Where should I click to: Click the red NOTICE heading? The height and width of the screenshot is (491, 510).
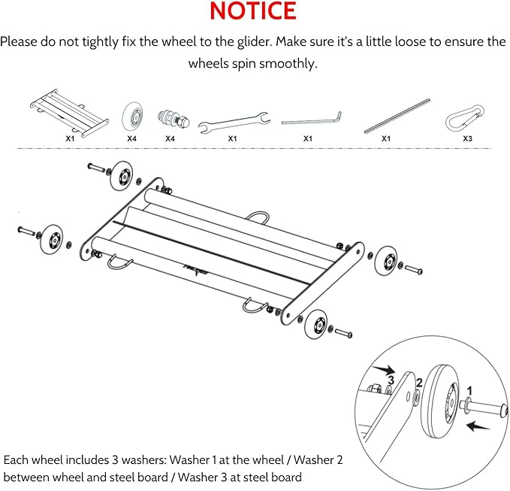click(x=253, y=11)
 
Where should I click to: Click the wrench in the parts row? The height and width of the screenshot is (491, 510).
click(x=233, y=119)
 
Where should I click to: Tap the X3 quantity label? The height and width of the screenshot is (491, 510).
click(x=467, y=139)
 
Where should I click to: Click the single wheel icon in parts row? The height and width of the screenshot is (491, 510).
click(x=132, y=117)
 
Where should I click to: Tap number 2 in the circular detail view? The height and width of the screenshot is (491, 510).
click(x=420, y=383)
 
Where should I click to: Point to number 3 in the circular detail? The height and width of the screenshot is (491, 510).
click(x=391, y=381)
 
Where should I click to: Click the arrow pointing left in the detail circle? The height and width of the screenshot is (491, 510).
click(x=477, y=427)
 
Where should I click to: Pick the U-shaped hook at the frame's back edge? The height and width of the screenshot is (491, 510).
click(x=259, y=217)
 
